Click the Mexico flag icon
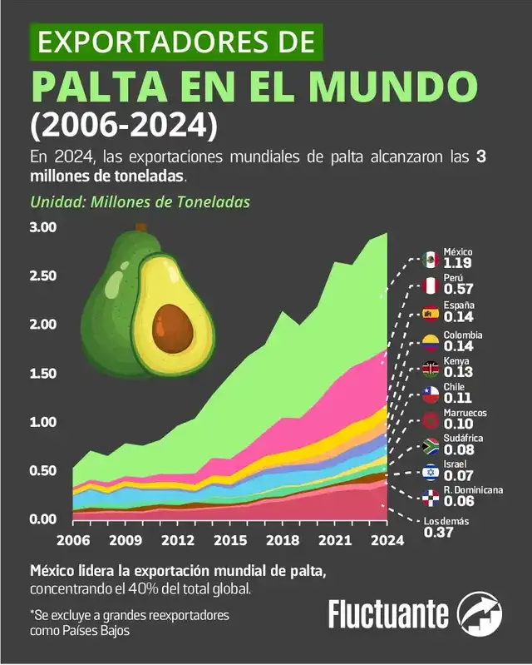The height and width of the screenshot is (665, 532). pyautogui.click(x=430, y=259)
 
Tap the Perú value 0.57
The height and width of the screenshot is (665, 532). pyautogui.click(x=458, y=290)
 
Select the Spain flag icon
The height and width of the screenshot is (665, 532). pyautogui.click(x=430, y=313)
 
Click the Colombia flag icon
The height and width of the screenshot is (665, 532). pyautogui.click(x=430, y=341)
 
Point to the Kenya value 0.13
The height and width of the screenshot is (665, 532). pyautogui.click(x=458, y=372)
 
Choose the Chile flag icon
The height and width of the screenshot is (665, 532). pyautogui.click(x=430, y=393)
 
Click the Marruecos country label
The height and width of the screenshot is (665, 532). pyautogui.click(x=470, y=413)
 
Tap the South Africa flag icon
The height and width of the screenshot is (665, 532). pyautogui.click(x=430, y=445)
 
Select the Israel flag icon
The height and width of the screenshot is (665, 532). pyautogui.click(x=430, y=472)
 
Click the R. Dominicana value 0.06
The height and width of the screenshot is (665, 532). pyautogui.click(x=458, y=502)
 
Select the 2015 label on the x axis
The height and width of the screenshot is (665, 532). pyautogui.click(x=230, y=540)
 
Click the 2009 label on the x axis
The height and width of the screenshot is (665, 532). pyautogui.click(x=125, y=540)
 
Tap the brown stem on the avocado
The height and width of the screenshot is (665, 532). pyautogui.click(x=140, y=226)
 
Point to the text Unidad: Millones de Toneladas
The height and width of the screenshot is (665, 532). pyautogui.click(x=140, y=202)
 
